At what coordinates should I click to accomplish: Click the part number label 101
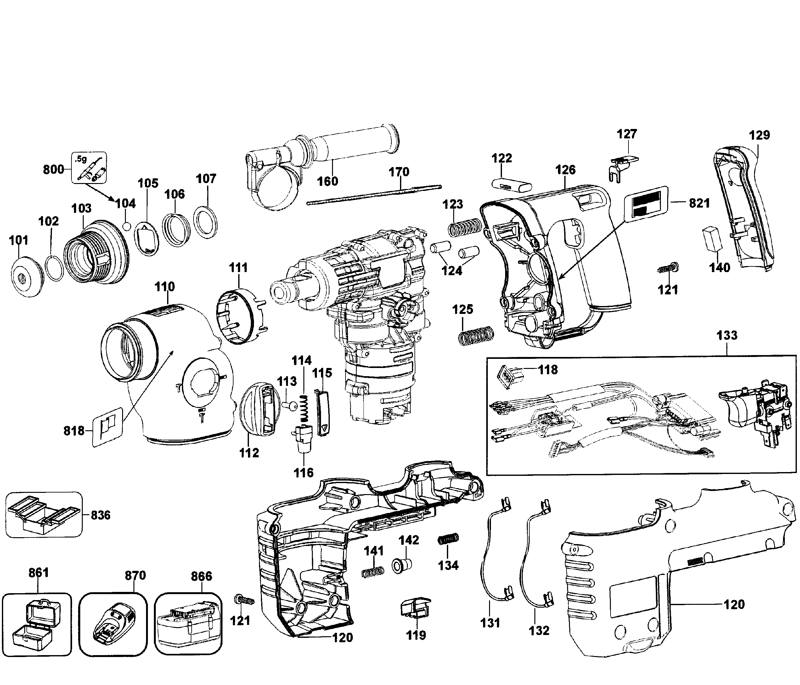tap(19, 240)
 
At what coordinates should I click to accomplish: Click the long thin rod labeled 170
tap(374, 195)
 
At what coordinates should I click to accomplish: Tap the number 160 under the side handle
tap(327, 181)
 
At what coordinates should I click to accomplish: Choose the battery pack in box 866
tap(188, 626)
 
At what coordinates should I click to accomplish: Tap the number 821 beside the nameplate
tap(699, 203)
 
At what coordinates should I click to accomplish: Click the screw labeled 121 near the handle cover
tap(668, 268)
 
